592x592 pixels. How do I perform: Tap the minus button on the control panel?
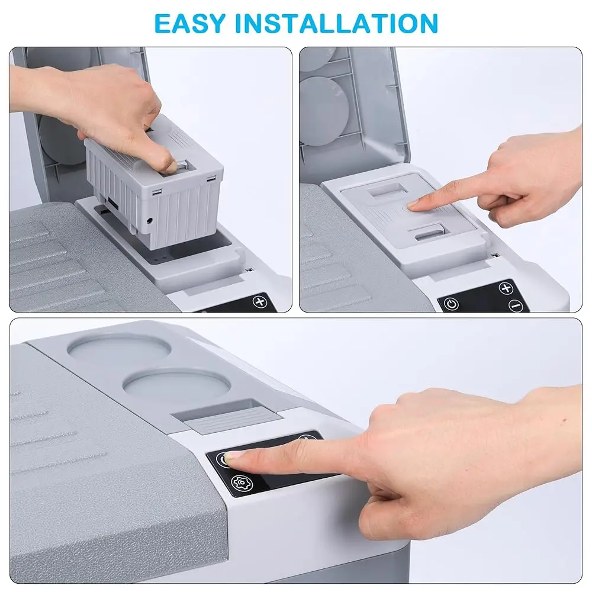pyautogui.click(x=517, y=306)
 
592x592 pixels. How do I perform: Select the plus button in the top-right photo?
pyautogui.click(x=506, y=288)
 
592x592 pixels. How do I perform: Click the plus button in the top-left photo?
pyautogui.click(x=260, y=301)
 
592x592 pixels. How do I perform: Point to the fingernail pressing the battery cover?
pyautogui.click(x=413, y=204)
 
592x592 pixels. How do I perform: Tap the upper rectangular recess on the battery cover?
pyautogui.click(x=383, y=193)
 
